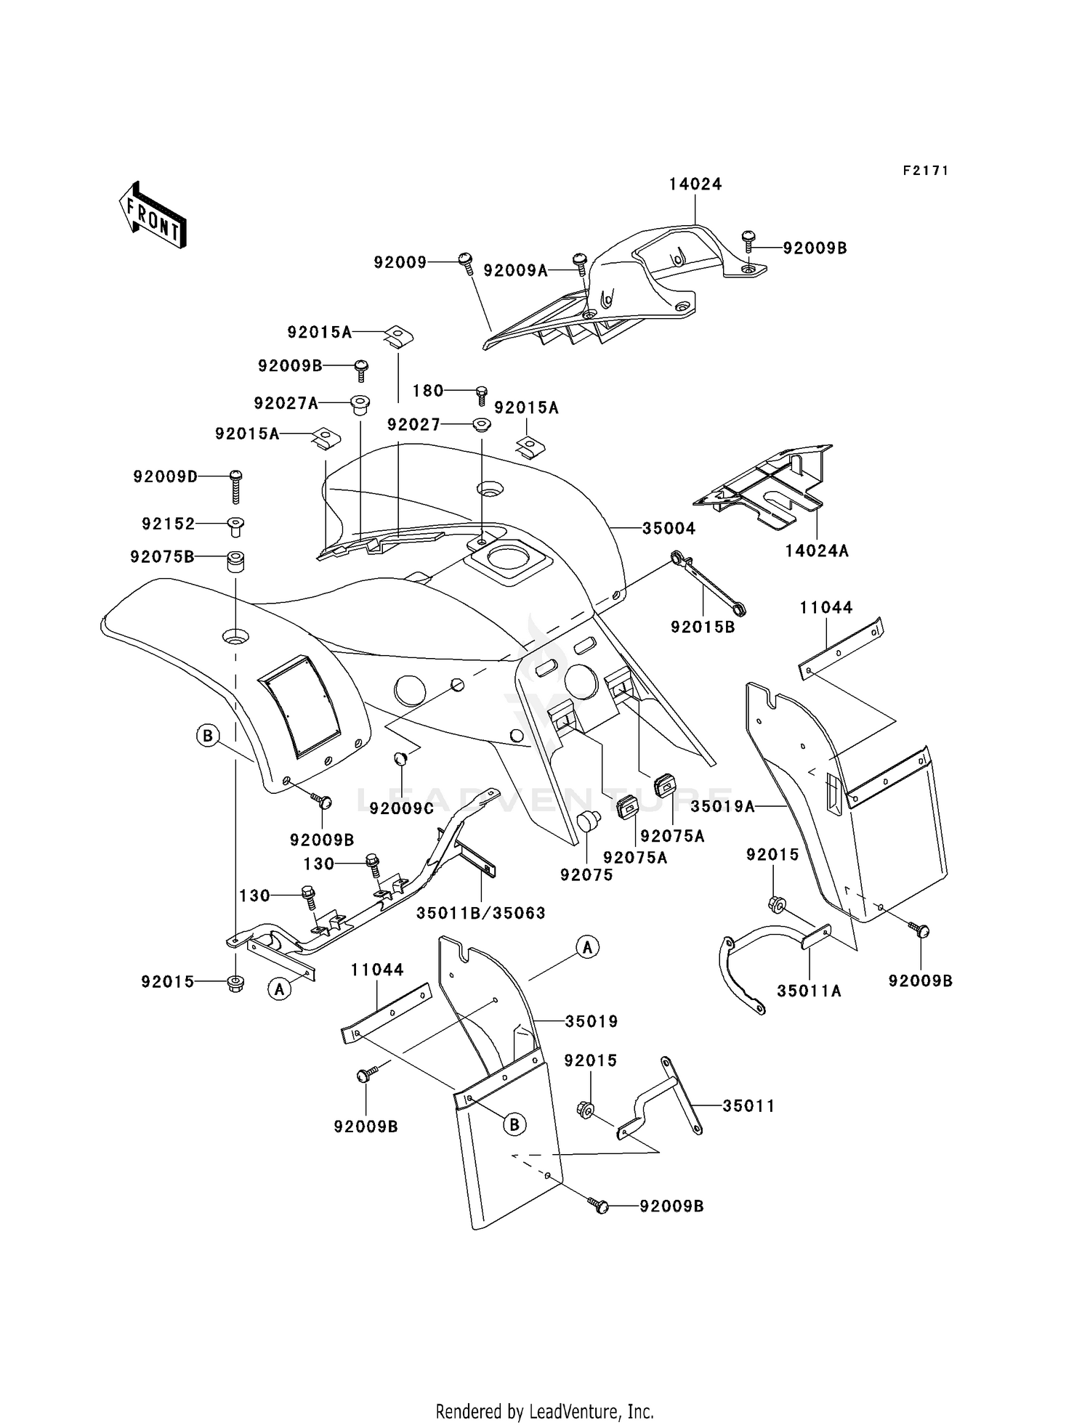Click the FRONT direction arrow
pyautogui.click(x=153, y=216)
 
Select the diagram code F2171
pyautogui.click(x=926, y=171)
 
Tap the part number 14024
pyautogui.click(x=695, y=184)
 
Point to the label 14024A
pyautogui.click(x=817, y=551)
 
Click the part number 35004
pyautogui.click(x=669, y=529)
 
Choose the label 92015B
pyautogui.click(x=703, y=627)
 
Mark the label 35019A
pyautogui.click(x=723, y=806)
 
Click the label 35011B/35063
pyautogui.click(x=480, y=913)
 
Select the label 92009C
pyautogui.click(x=401, y=808)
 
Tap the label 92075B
pyautogui.click(x=162, y=557)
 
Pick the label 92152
pyautogui.click(x=169, y=524)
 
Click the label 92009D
pyautogui.click(x=165, y=477)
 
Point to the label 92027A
pyautogui.click(x=286, y=403)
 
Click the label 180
pyautogui.click(x=428, y=391)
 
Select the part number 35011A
pyautogui.click(x=809, y=991)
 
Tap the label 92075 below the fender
pyautogui.click(x=586, y=875)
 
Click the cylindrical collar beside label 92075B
pyautogui.click(x=235, y=562)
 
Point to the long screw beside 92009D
pyautogui.click(x=235, y=487)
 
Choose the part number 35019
pyautogui.click(x=592, y=1022)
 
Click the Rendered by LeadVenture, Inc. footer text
pyautogui.click(x=544, y=1411)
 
